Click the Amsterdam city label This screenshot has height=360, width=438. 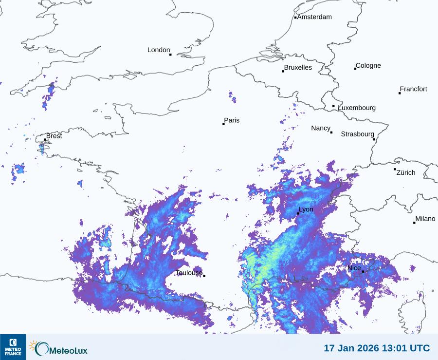(x=314, y=17)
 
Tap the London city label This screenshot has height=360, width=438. (x=159, y=50)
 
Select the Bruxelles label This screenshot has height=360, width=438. (x=298, y=68)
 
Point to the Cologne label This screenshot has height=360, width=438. (x=368, y=66)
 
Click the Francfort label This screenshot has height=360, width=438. (x=414, y=89)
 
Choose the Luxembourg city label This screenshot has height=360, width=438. (x=357, y=108)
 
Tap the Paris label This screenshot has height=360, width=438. (x=232, y=121)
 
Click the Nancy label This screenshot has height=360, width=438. (x=321, y=128)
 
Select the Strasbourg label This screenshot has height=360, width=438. (x=357, y=134)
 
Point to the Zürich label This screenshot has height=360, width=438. (x=406, y=172)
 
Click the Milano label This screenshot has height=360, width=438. (x=425, y=219)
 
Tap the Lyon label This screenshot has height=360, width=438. (x=306, y=209)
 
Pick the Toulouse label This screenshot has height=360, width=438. (x=189, y=273)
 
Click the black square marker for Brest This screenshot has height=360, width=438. (x=45, y=140)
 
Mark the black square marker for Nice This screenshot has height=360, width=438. (x=363, y=271)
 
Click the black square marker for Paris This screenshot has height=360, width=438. (x=224, y=124)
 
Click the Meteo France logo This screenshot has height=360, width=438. (x=13, y=347)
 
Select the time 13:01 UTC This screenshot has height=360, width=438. (x=407, y=348)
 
